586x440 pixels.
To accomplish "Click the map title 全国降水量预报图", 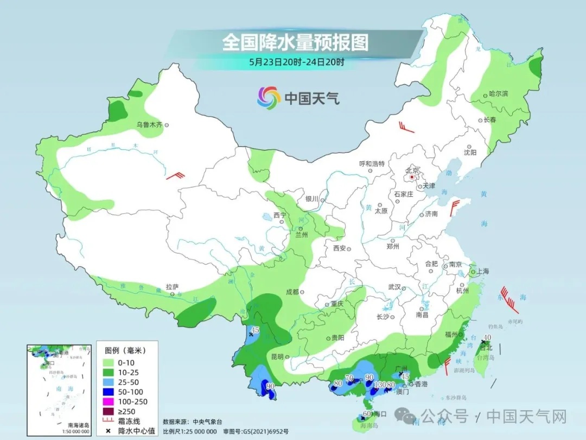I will click(x=295, y=42).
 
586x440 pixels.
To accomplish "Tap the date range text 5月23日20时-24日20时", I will click(x=296, y=62).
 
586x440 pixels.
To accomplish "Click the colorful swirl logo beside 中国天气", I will click(x=268, y=98).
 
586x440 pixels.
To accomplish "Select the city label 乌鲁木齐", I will click(x=149, y=125).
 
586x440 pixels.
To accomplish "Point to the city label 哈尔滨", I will click(x=498, y=94).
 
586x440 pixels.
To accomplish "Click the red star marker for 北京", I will click(x=412, y=177).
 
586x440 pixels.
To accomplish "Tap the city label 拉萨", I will click(x=172, y=286).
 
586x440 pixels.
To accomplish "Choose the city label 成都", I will click(x=292, y=292).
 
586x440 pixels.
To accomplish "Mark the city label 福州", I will click(x=451, y=335).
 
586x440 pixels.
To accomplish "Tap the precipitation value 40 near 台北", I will click(x=487, y=337).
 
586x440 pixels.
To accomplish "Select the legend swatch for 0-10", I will click(x=106, y=362).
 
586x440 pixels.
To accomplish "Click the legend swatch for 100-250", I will click(x=106, y=401).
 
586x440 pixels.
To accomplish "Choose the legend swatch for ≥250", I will click(x=106, y=411).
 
